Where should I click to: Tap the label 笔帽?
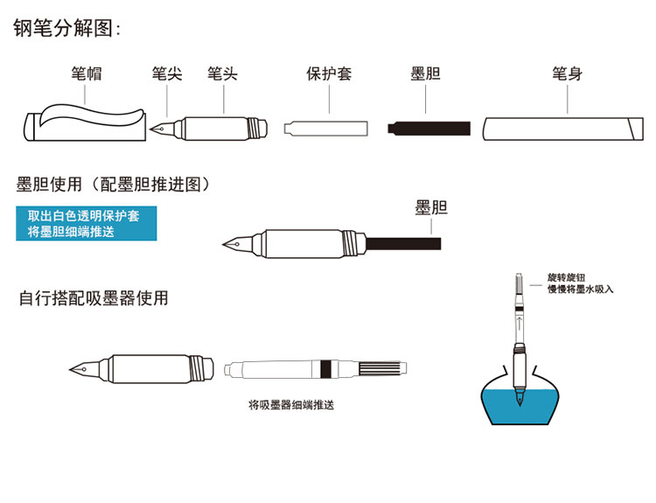pyautogui.click(x=87, y=74)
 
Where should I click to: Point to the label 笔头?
pyautogui.click(x=222, y=74)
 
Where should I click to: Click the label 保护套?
pyautogui.click(x=329, y=74)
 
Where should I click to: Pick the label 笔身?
pyautogui.click(x=567, y=74)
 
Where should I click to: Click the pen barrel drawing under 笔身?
pyautogui.click(x=560, y=129)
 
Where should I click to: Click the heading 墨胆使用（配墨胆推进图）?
pyautogui.click(x=114, y=185)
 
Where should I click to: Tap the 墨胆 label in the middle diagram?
pyautogui.click(x=430, y=207)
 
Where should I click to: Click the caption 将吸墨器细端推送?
pyautogui.click(x=291, y=405)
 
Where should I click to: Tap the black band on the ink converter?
pyautogui.click(x=326, y=367)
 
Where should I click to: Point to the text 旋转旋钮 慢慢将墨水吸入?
pyautogui.click(x=580, y=283)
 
